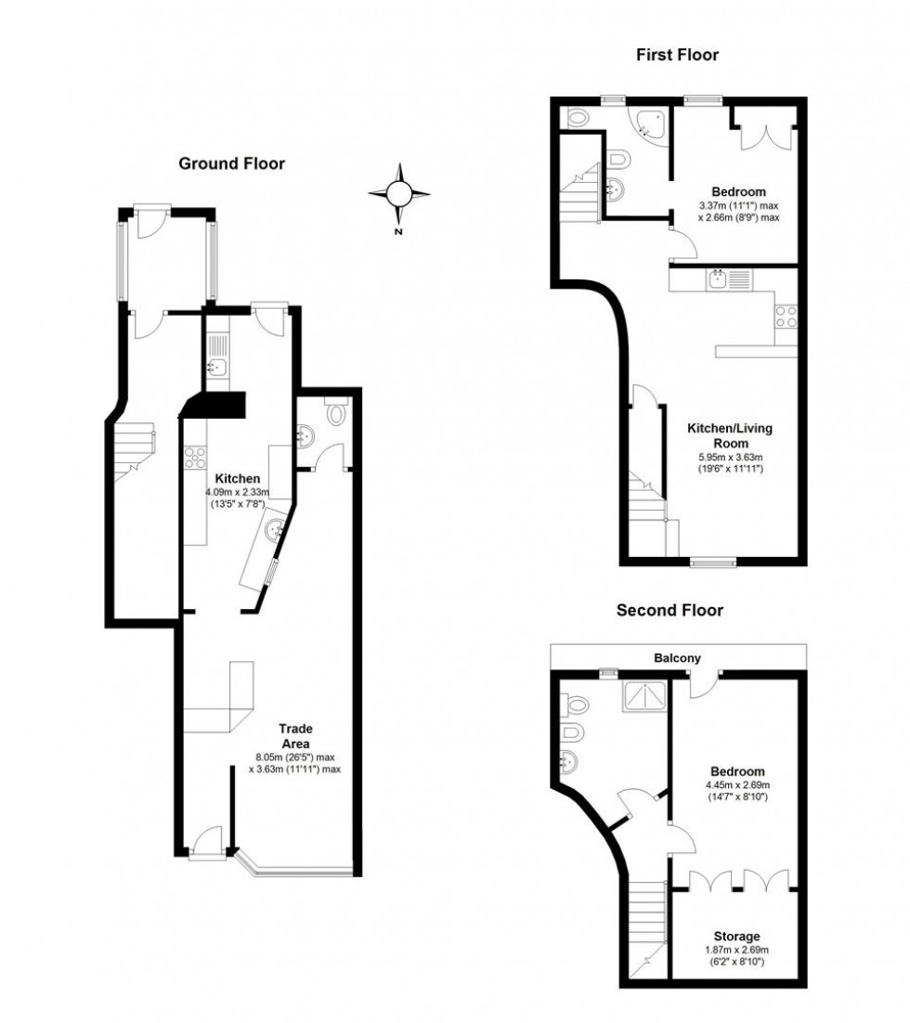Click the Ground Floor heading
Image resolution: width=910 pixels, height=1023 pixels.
[x=231, y=164]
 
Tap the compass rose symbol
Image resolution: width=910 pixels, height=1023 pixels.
[x=399, y=194]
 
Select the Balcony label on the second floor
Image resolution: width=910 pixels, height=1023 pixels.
[x=677, y=658]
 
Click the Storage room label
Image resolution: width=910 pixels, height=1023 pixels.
[x=736, y=937]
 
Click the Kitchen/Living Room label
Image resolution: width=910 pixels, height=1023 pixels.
[x=729, y=436]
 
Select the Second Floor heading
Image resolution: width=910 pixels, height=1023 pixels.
[x=669, y=611]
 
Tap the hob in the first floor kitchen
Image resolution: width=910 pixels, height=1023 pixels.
[x=785, y=317]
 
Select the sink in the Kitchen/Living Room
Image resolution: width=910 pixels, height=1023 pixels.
[x=718, y=279]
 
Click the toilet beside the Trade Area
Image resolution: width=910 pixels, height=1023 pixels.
[x=336, y=413]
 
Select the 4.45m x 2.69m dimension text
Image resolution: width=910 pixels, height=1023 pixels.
[x=737, y=784]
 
